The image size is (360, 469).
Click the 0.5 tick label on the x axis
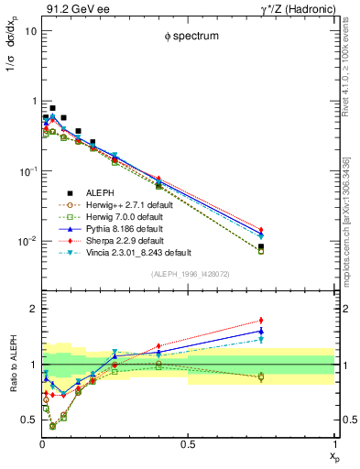188,445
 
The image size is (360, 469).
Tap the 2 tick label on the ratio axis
31,309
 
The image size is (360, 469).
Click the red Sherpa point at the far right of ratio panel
261,321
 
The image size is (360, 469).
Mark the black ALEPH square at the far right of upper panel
261,246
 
